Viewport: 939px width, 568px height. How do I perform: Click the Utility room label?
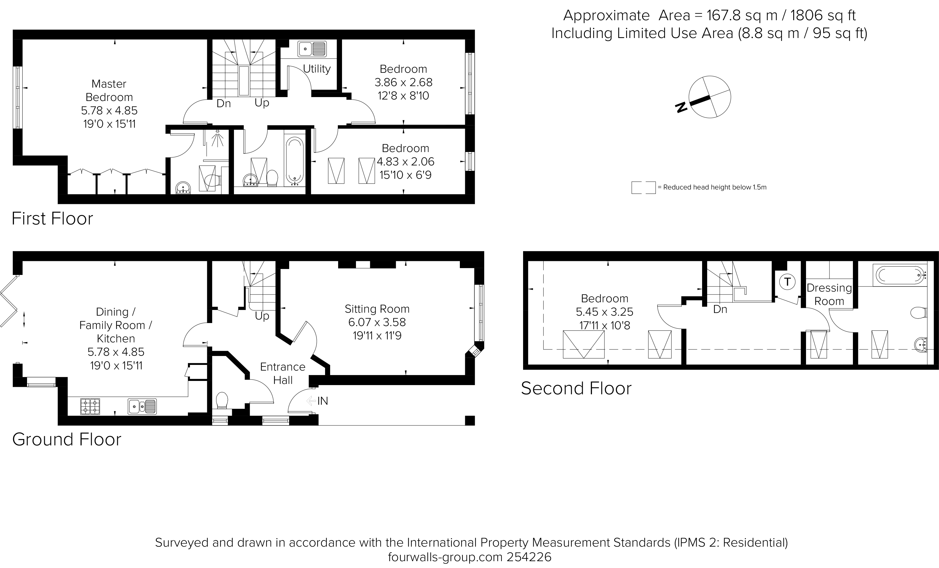pyautogui.click(x=317, y=69)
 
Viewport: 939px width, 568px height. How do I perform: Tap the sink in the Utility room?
pyautogui.click(x=312, y=49)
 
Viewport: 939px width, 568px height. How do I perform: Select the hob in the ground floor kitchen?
pyautogui.click(x=90, y=406)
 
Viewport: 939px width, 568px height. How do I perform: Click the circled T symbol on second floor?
pyautogui.click(x=787, y=282)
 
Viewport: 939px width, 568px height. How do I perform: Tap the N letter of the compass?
pyautogui.click(x=681, y=108)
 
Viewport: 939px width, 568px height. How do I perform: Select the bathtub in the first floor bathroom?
pyautogui.click(x=294, y=160)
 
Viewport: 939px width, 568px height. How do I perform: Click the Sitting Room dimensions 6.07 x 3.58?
pyautogui.click(x=377, y=322)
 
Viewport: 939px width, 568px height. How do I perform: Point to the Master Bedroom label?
pyautogui.click(x=109, y=90)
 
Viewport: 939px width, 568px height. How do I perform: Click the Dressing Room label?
pyautogui.click(x=829, y=294)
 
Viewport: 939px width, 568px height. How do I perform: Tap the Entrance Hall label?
pyautogui.click(x=283, y=373)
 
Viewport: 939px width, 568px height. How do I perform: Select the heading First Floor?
pyautogui.click(x=52, y=219)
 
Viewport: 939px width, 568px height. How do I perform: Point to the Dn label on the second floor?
pyautogui.click(x=720, y=309)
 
